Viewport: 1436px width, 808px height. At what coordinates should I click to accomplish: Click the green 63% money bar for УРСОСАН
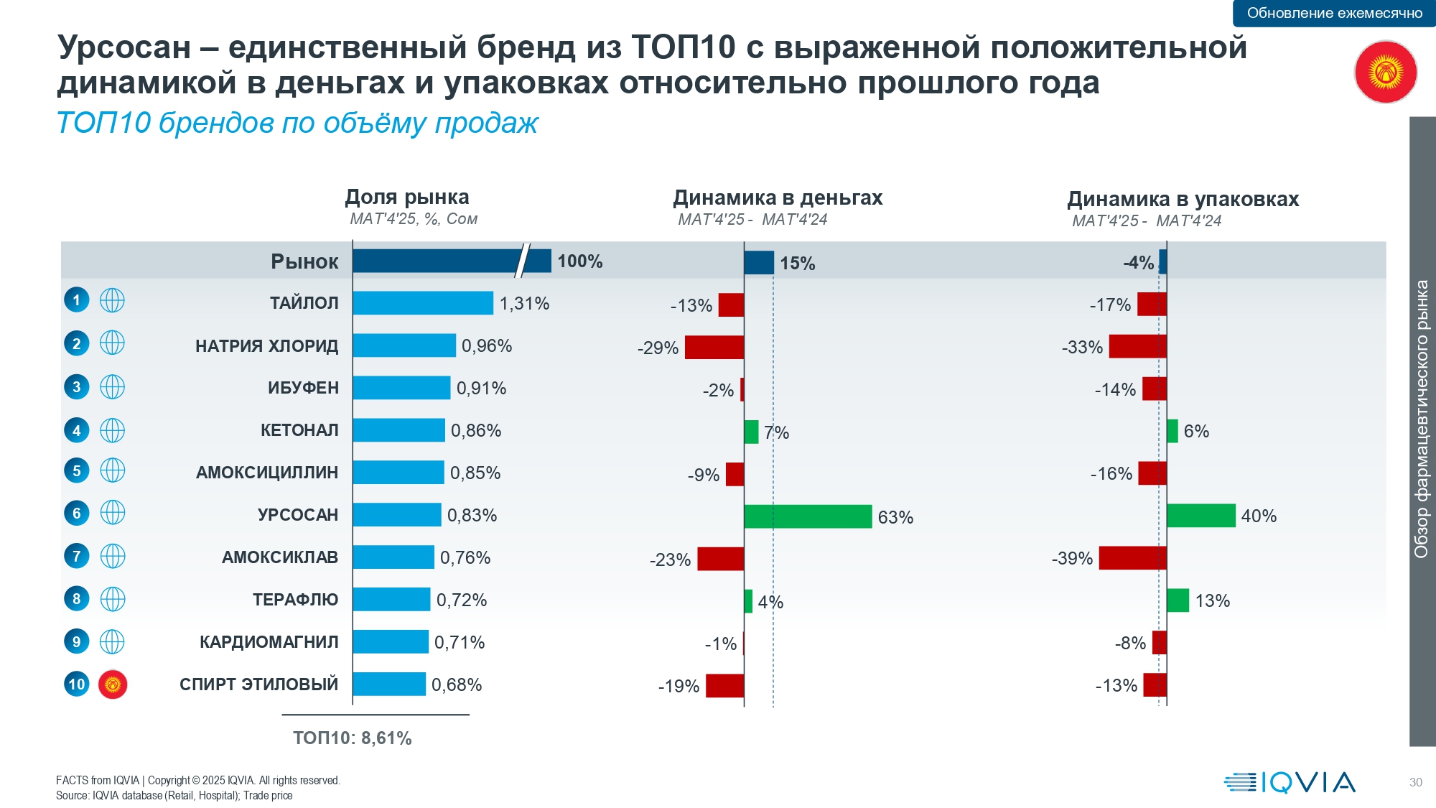(808, 516)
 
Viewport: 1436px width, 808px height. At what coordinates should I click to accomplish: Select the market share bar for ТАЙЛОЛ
(423, 303)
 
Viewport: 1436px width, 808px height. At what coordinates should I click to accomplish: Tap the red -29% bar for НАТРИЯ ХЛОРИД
(714, 347)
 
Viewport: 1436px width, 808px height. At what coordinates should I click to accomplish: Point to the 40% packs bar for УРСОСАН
(1200, 516)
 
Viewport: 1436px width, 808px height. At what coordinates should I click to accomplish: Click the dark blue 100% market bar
(451, 261)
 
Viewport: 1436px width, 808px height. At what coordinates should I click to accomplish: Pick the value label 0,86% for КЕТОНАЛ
(476, 431)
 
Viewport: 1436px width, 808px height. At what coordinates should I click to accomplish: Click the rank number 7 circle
(77, 556)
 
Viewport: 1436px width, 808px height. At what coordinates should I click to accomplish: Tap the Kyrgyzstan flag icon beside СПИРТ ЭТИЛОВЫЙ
(113, 684)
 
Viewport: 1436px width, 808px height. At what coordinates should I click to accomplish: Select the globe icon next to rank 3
(112, 387)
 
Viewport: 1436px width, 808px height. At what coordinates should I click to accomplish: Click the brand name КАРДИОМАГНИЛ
(269, 642)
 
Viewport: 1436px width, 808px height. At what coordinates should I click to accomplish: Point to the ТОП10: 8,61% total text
(352, 738)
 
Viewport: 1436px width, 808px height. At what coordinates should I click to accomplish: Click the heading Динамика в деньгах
(778, 198)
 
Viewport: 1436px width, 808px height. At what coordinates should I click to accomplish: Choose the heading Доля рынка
(407, 197)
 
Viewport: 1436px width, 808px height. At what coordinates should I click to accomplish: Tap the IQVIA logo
(1290, 782)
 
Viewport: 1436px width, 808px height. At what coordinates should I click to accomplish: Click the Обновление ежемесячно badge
(1334, 13)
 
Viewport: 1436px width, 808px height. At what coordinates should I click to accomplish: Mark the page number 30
(1415, 782)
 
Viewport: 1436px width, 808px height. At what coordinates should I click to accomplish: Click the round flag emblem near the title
(1385, 72)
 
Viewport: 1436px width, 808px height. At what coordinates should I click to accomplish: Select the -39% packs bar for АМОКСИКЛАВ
(1132, 558)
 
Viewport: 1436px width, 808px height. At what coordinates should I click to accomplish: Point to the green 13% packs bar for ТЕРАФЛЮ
(1178, 600)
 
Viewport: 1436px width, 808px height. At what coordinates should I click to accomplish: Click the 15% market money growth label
(797, 264)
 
